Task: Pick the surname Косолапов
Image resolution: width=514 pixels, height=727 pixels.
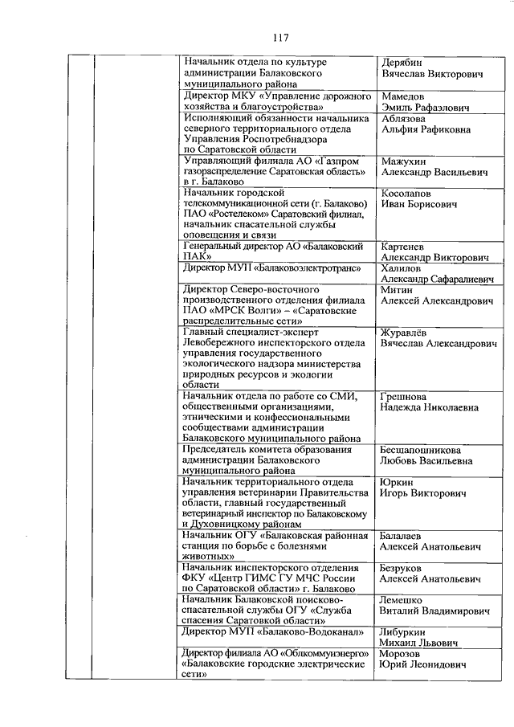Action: click(409, 194)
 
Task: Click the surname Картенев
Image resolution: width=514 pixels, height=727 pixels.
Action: click(405, 247)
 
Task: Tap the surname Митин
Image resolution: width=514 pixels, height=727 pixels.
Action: click(397, 290)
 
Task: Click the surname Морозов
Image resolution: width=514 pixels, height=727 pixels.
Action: click(403, 654)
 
